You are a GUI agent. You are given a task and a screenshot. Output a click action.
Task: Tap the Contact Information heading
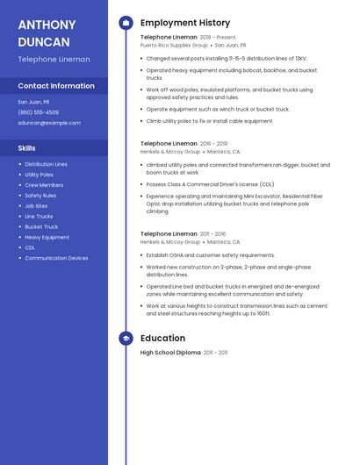[56, 86]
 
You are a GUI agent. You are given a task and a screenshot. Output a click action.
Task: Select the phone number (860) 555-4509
[38, 112]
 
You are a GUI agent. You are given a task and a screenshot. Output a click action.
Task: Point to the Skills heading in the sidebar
[26, 148]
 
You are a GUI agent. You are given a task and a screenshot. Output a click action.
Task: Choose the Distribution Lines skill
[46, 164]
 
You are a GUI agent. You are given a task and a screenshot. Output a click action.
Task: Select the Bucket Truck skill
[41, 226]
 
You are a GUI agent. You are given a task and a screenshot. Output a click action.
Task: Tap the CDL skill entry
[30, 247]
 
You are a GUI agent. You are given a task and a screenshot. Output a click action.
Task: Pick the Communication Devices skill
[56, 258]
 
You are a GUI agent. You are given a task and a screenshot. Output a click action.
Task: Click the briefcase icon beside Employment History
[126, 23]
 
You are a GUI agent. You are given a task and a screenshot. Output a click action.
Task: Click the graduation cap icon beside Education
[126, 338]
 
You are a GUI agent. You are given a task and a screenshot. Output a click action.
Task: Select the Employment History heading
[185, 23]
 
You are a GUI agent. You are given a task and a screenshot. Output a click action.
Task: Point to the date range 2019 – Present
[218, 38]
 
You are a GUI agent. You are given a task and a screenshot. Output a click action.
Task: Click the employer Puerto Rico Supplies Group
[174, 45]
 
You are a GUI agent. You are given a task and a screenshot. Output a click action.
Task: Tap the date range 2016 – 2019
[213, 143]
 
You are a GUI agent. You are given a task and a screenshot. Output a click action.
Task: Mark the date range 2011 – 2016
[212, 234]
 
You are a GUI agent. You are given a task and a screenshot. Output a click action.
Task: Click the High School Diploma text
[170, 353]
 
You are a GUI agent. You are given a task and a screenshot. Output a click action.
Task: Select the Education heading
[162, 338]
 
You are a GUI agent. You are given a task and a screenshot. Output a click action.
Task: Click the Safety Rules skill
[40, 196]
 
